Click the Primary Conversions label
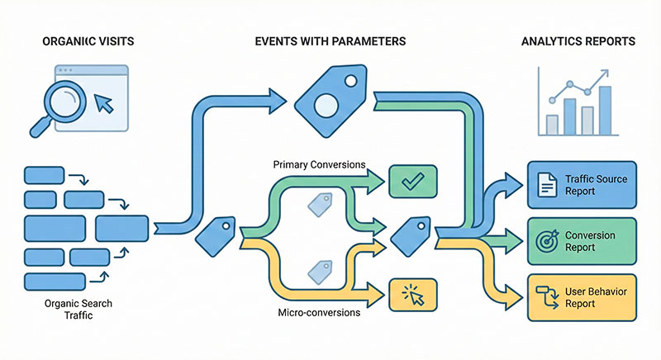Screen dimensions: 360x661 tap(319, 164)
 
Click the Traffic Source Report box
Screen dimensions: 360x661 tap(582, 184)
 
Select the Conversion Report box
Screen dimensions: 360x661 tap(582, 241)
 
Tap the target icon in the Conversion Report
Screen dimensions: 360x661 tap(545, 241)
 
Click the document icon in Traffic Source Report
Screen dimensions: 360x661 tap(545, 185)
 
